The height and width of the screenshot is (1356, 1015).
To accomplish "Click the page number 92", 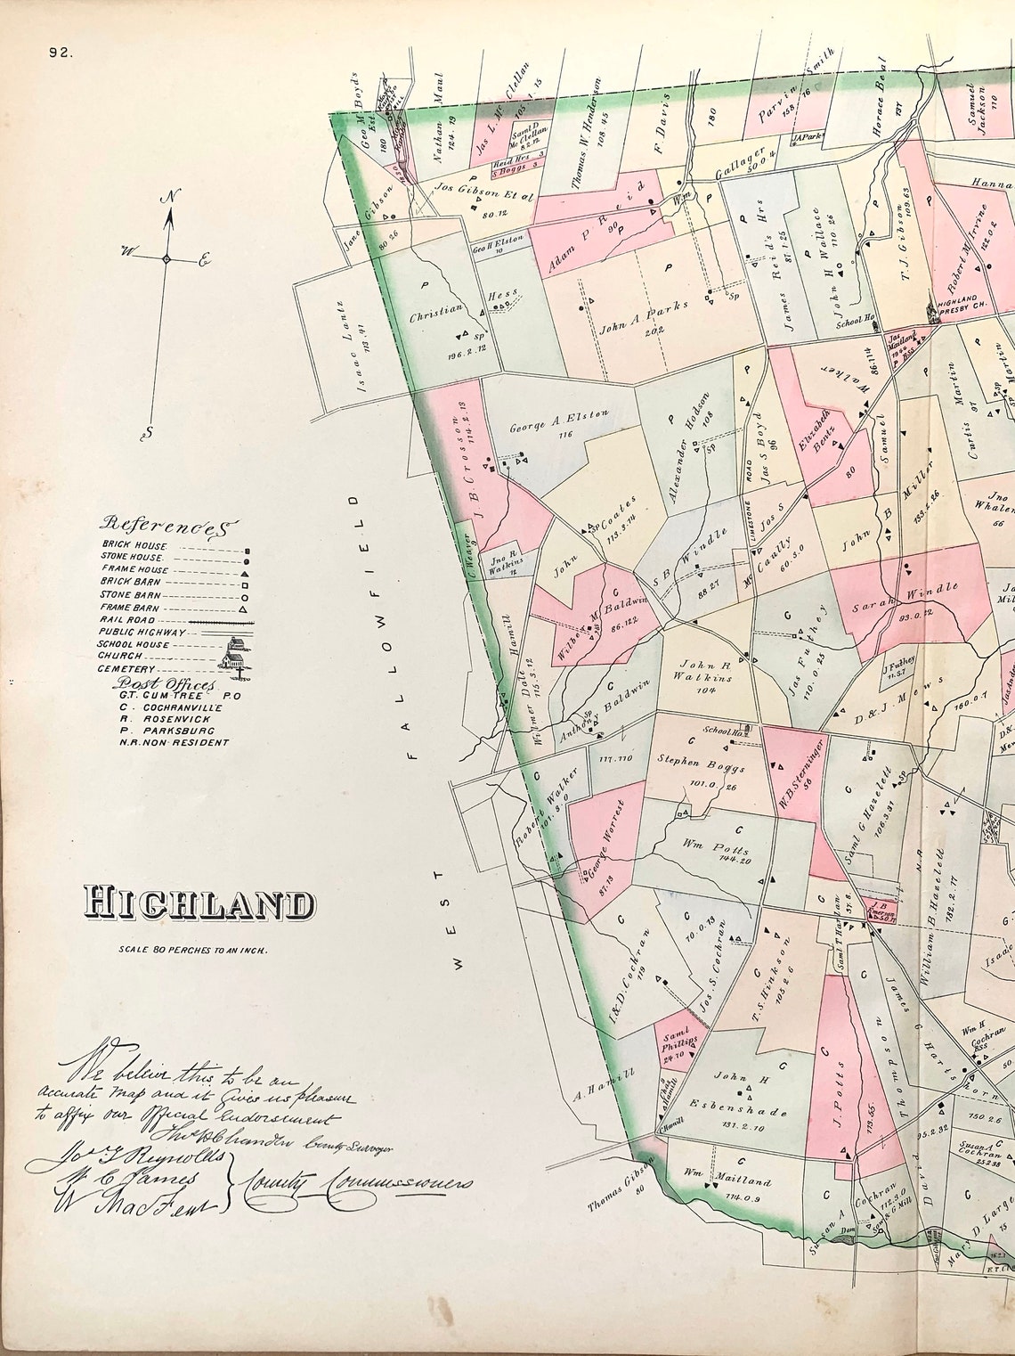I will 61,53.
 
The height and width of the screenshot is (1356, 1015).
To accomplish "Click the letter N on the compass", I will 166,196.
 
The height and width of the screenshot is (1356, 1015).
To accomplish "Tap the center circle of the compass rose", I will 166,258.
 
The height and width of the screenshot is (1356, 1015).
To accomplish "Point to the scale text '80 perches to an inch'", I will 193,950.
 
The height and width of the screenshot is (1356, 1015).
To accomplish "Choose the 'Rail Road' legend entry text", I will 128,619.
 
